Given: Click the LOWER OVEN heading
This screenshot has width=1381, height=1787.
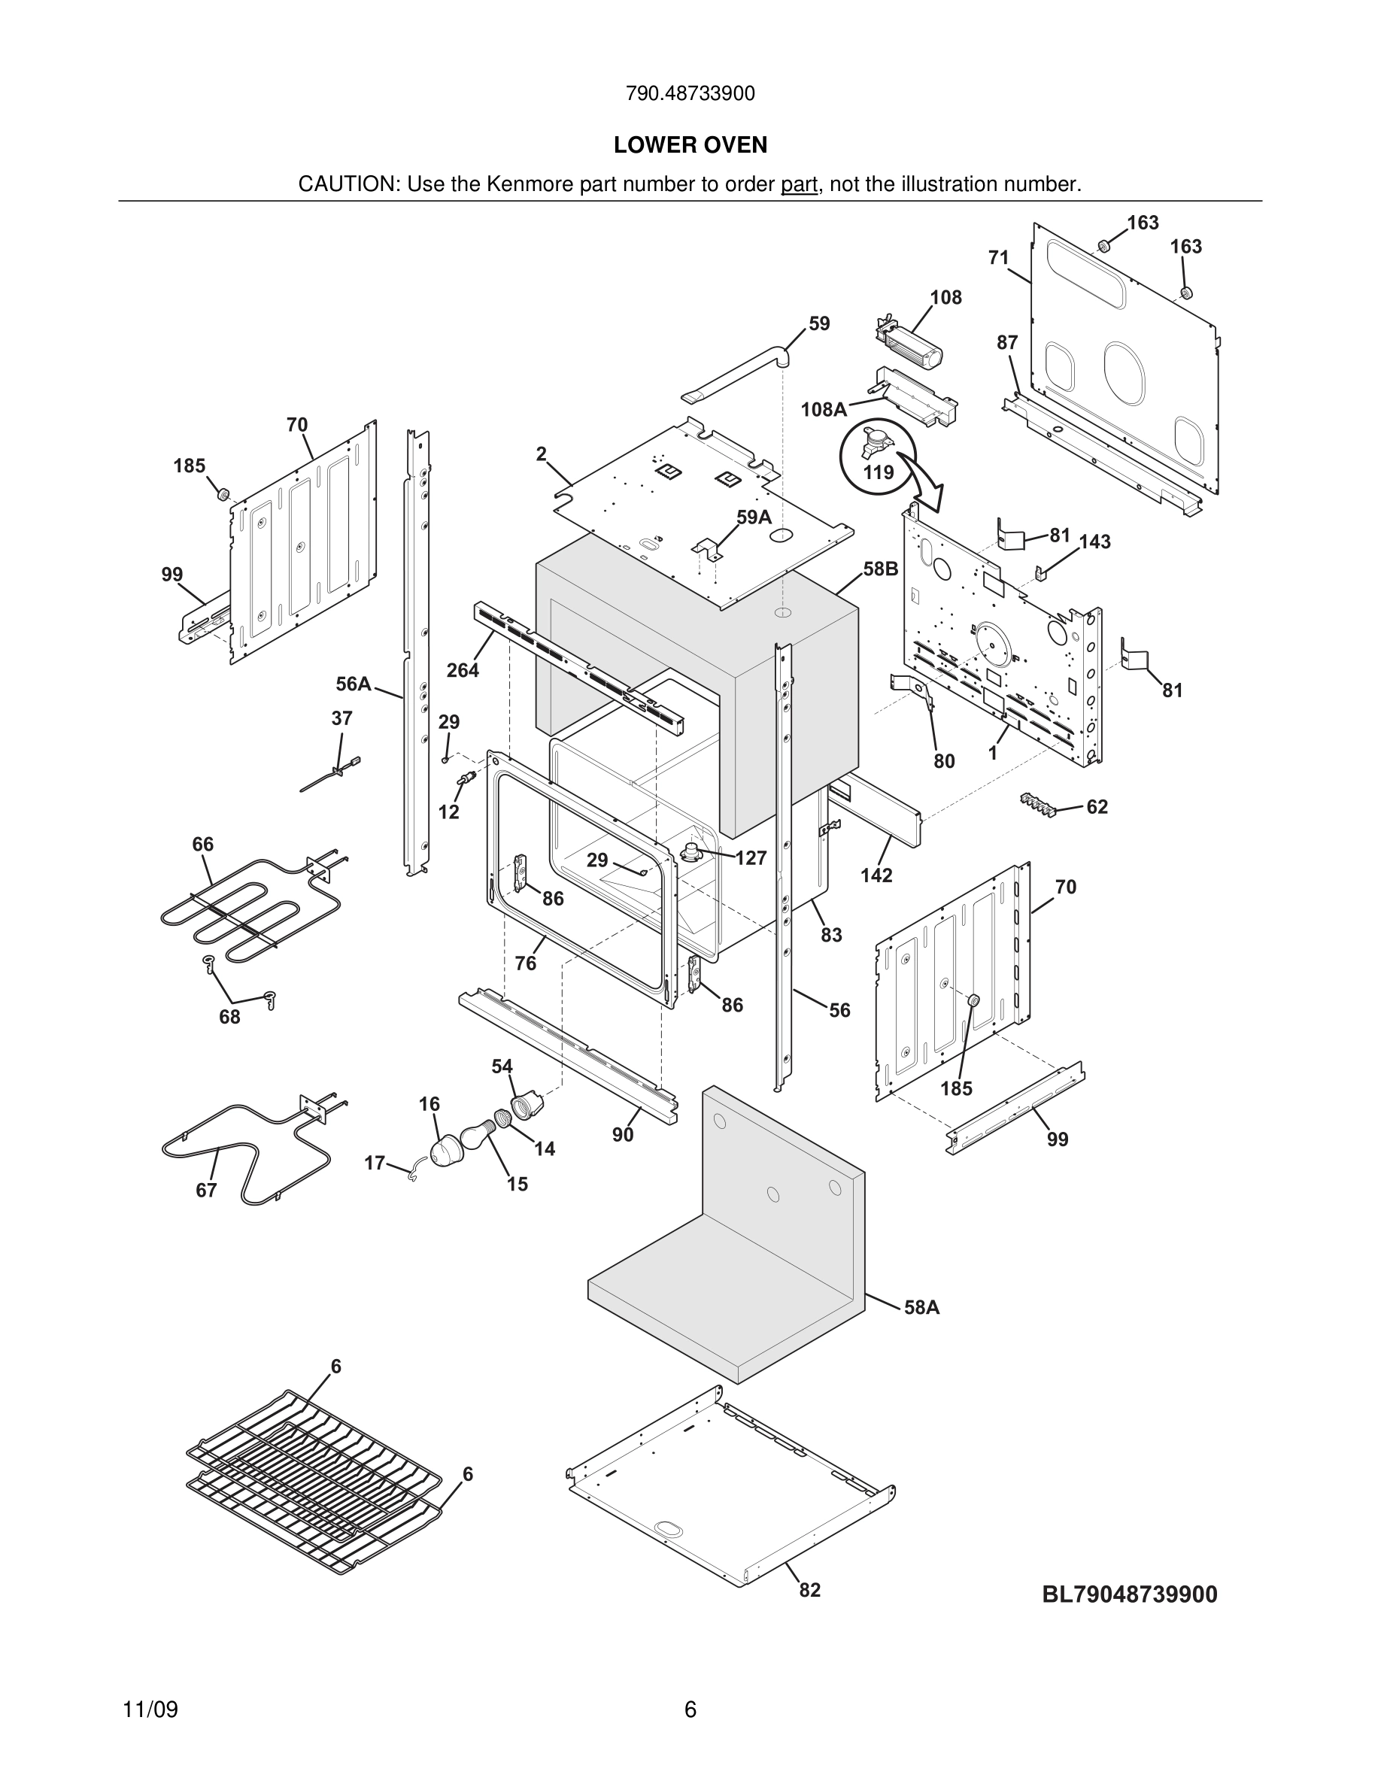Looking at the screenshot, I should (690, 145).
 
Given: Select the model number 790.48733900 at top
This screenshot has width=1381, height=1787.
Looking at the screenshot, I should (690, 94).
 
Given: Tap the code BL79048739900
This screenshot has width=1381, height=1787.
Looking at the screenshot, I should (1129, 1594).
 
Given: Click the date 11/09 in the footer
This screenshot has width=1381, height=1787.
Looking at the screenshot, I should (150, 1710).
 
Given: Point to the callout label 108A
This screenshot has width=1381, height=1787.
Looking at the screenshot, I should (823, 409).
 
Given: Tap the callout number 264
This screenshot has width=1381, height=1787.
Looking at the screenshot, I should (463, 670).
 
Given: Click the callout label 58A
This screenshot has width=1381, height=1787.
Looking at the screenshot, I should (921, 1307).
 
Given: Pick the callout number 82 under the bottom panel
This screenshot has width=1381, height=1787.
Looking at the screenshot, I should (809, 1590).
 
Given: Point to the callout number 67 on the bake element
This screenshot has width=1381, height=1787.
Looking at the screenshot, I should (206, 1190).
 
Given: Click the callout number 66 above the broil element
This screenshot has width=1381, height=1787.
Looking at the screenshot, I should (203, 844).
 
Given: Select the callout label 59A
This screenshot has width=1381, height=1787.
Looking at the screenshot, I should (754, 517).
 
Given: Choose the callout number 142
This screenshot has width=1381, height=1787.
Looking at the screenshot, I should (876, 875).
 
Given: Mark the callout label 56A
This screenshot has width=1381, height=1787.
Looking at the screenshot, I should (354, 683).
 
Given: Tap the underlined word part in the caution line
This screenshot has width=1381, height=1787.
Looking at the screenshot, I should (799, 184).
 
